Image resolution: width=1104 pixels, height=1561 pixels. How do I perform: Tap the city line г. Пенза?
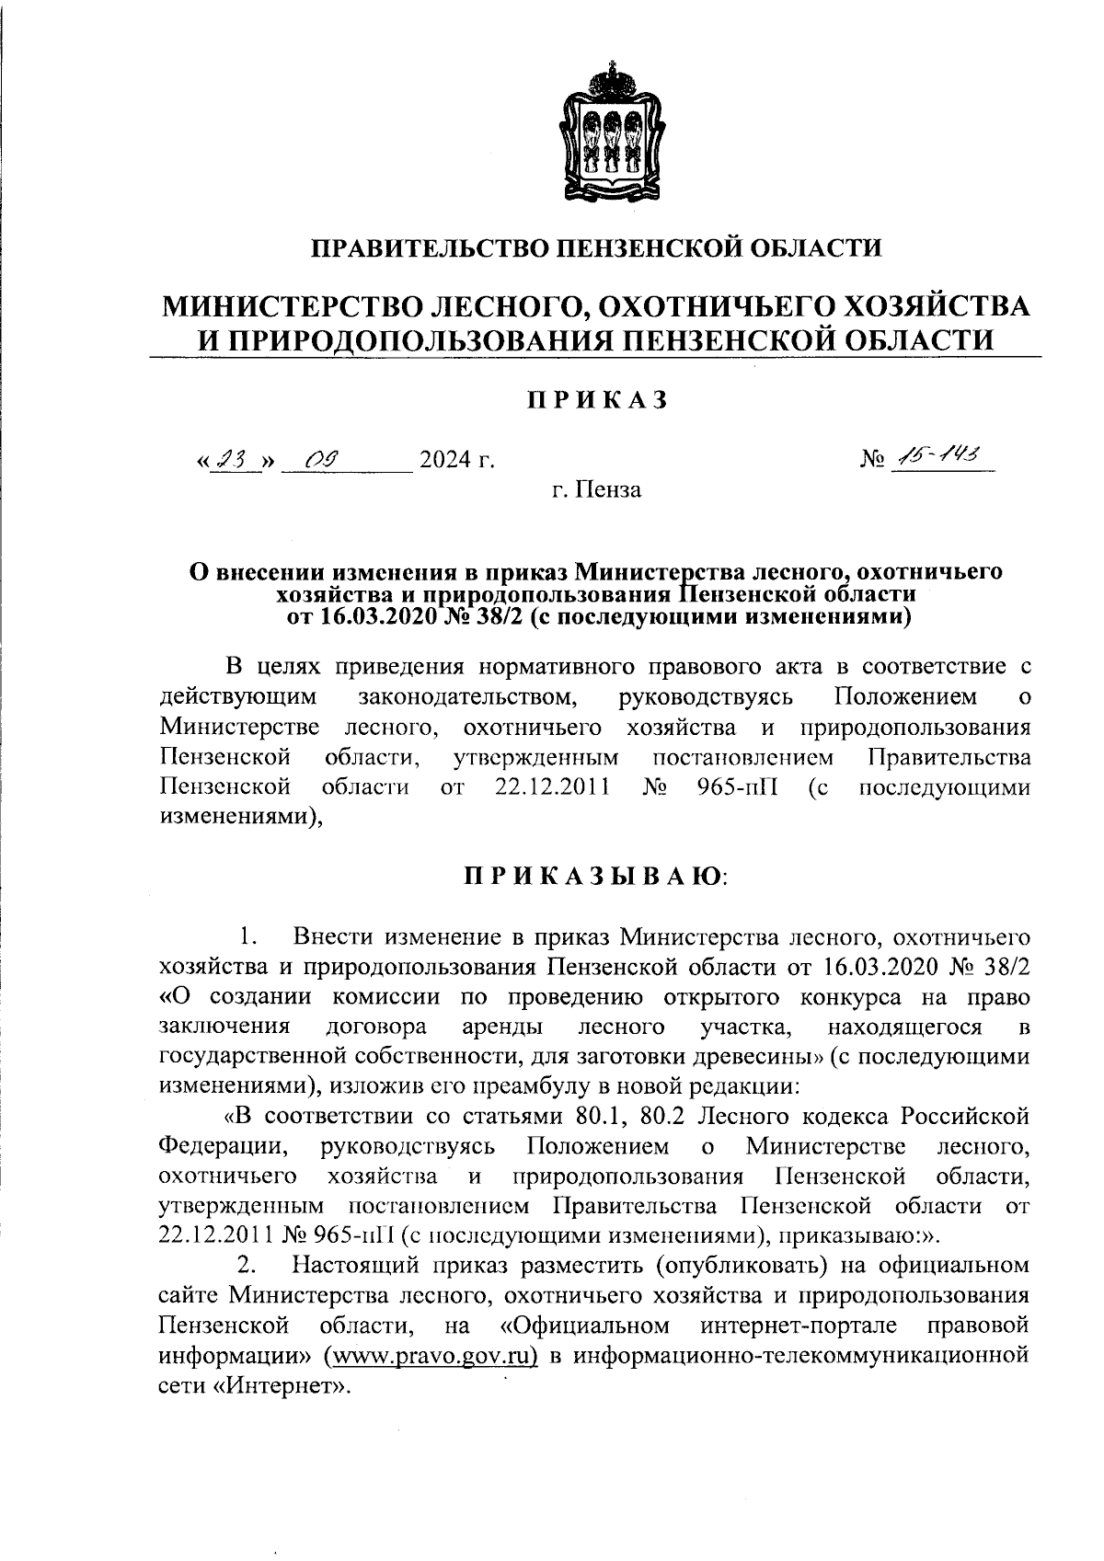point(595,489)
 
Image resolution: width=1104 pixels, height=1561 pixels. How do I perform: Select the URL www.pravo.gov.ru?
point(431,1354)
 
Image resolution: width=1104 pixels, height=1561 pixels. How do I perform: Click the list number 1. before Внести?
point(247,937)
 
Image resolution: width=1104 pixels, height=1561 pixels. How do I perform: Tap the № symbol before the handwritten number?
point(872,458)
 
